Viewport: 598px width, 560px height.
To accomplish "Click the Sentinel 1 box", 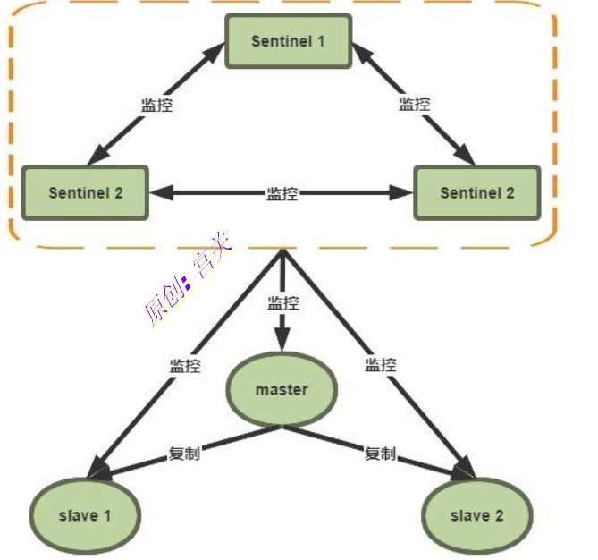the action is tap(289, 41).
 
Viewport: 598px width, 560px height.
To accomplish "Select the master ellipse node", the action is tap(282, 389).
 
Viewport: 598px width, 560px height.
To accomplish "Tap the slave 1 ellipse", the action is tap(85, 516).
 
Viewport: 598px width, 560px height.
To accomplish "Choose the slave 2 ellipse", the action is tap(476, 516).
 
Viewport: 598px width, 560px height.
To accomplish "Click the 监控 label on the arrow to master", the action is tap(283, 303).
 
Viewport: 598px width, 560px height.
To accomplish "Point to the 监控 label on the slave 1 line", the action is tap(185, 366).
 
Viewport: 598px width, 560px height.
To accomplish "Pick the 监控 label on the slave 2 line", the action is tap(381, 365).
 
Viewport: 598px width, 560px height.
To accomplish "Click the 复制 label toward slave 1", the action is tap(184, 454).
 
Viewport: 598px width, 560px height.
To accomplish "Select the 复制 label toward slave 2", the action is tap(380, 454).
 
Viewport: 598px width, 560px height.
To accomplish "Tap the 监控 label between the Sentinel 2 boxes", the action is tap(282, 193).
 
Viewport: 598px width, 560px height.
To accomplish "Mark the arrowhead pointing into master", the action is tap(282, 340).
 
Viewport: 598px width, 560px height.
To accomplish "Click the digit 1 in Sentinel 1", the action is tap(321, 41).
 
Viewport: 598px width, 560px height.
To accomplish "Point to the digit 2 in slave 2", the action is tap(499, 516).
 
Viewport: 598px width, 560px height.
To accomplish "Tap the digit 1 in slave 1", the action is tap(107, 516).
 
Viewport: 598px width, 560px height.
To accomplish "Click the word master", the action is tap(282, 390).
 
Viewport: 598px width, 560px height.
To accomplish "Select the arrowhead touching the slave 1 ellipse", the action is tap(98, 468).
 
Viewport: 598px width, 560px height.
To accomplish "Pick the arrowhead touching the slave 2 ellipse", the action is tap(463, 469).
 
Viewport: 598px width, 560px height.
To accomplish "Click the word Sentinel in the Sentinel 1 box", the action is tap(282, 41).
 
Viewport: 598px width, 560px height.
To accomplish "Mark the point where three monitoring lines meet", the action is tap(282, 250).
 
